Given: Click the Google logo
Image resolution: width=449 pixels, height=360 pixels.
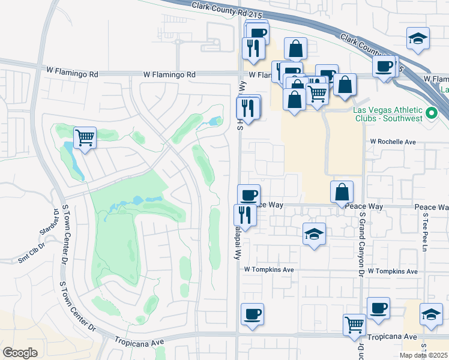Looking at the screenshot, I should (20, 353).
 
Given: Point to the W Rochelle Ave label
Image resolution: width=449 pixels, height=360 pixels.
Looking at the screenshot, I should (393, 142).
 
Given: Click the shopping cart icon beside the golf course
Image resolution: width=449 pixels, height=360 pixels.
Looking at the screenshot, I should (85, 138).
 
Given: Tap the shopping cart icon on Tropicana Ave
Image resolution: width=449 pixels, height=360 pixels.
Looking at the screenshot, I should (354, 325).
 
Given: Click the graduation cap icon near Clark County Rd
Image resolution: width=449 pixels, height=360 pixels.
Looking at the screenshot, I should (417, 38).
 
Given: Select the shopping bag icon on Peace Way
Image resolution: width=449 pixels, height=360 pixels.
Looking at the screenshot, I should (341, 192).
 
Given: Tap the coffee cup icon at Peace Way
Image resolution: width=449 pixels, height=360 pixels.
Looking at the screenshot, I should (249, 194).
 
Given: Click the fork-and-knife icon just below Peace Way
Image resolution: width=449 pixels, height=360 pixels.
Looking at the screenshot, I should (245, 215).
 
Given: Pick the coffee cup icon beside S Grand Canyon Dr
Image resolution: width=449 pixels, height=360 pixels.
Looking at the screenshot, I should (378, 308).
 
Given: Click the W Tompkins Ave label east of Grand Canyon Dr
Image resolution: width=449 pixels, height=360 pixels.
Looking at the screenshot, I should (393, 271).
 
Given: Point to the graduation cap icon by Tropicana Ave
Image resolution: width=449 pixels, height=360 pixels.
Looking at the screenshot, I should (430, 314).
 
